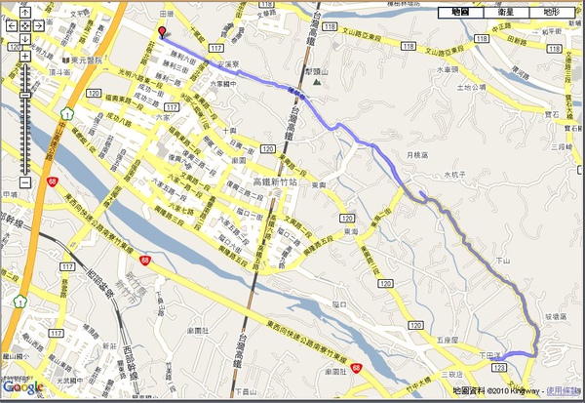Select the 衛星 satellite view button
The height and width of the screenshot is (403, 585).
[506, 12]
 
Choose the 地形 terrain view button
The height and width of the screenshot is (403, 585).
[552, 12]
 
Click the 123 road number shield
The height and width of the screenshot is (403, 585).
[500, 366]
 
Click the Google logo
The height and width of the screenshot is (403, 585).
[23, 388]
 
